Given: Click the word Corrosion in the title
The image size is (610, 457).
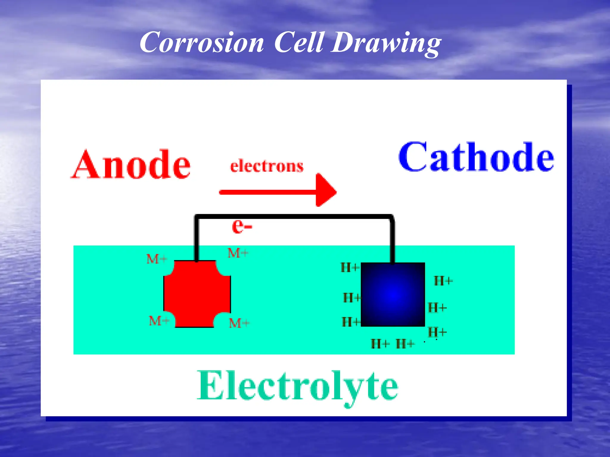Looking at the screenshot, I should coord(202,43).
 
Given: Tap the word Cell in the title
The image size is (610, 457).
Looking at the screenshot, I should coord(299,43).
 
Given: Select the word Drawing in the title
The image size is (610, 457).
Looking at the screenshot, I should coord(386,43).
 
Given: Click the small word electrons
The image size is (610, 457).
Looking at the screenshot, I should coord(267,166).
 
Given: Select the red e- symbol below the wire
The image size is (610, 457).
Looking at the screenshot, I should coord(242,226).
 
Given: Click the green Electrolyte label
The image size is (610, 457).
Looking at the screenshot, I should coord(297,386).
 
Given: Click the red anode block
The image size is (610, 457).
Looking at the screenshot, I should coord(197,294).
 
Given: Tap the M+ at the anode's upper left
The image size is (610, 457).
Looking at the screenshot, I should coord(157,259).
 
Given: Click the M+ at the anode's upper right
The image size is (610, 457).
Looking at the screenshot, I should coord(238,253).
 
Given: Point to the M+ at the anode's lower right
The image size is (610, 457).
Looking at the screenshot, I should coord(239,323).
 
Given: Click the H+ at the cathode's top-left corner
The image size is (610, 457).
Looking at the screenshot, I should coord(350,267).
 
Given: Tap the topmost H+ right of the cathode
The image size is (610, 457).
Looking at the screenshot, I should coord(443,281).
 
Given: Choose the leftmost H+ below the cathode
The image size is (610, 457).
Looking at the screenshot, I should coord(380,344).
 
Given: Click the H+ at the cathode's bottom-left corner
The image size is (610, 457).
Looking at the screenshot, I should coord(351,322).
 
